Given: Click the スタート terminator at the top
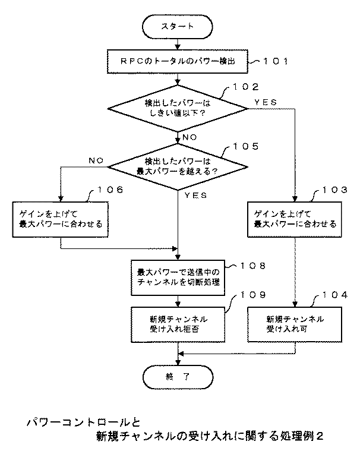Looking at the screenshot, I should pyautogui.click(x=178, y=27).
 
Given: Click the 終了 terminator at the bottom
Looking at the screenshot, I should pyautogui.click(x=178, y=376).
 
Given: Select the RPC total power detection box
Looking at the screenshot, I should pyautogui.click(x=178, y=60).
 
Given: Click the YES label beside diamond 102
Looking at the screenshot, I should pyautogui.click(x=265, y=102).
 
